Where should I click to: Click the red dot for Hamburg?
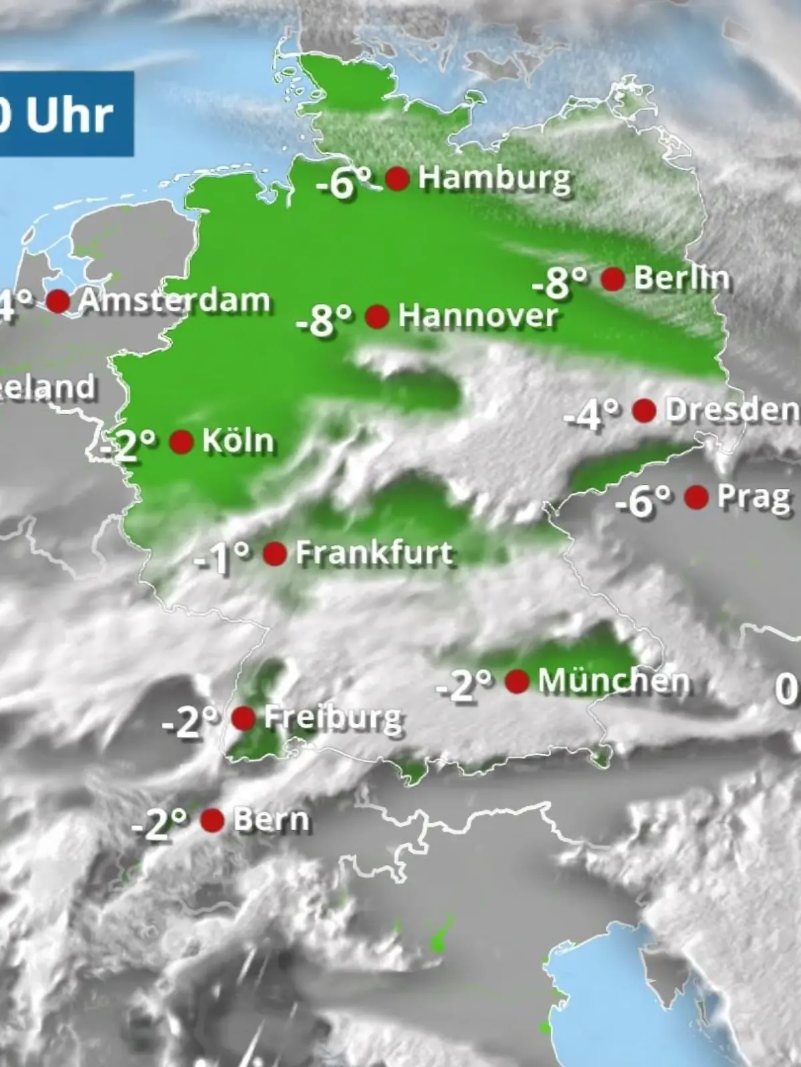[397, 179]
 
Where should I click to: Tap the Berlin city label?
[682, 278]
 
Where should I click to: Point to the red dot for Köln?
[182, 441]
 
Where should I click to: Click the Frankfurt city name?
[375, 554]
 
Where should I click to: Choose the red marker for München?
[517, 682]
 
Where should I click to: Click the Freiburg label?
[333, 718]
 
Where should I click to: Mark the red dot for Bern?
[212, 820]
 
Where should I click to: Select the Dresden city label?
[732, 411]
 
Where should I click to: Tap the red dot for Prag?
[696, 497]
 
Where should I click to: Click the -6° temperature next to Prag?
[642, 501]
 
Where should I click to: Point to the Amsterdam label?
[174, 301]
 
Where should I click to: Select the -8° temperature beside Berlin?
[560, 282]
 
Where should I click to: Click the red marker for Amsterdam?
[58, 301]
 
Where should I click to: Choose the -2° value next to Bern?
[159, 824]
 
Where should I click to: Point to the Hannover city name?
[478, 316]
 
